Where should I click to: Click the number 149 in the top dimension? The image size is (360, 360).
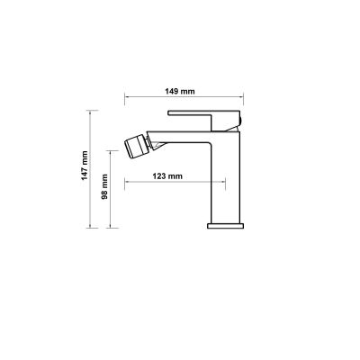point(177,90)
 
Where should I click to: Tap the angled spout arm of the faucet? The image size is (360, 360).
point(180,139)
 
